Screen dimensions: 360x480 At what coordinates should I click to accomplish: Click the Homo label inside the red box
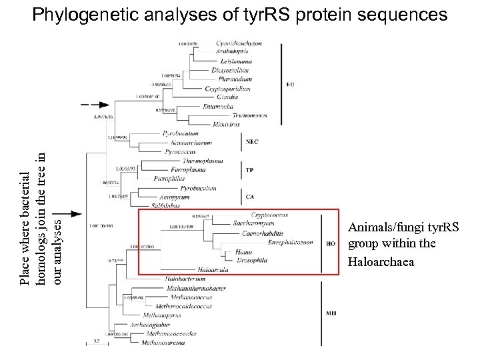coord(243,253)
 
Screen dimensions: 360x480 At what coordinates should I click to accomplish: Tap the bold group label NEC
coord(252,142)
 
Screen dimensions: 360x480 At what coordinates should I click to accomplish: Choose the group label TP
coord(249,171)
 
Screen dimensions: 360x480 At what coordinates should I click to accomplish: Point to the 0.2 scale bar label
coord(96,340)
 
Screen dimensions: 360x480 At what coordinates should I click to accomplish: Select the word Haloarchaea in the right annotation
coord(382,262)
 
